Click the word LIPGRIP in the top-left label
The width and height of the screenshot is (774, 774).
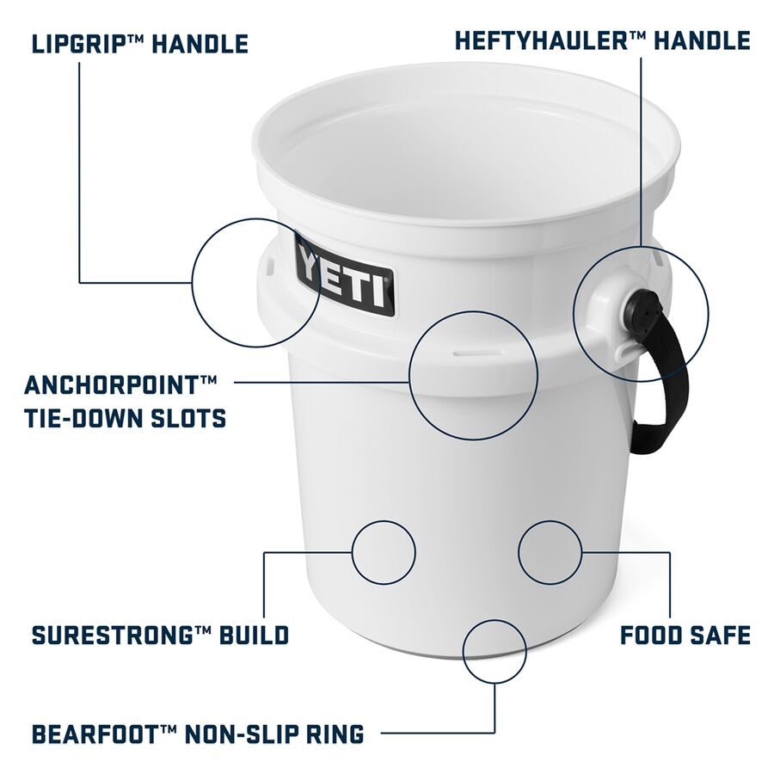click(80, 44)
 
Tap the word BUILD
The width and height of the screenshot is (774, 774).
click(254, 636)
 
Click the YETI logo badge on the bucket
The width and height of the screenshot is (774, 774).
click(346, 276)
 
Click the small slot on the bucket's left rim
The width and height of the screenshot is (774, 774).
click(269, 265)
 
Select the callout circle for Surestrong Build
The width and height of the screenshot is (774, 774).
click(384, 521)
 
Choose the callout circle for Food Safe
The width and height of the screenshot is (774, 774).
click(550, 521)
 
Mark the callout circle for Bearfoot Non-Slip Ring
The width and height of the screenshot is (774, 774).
click(494, 620)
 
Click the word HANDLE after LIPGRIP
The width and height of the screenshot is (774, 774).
click(200, 44)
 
